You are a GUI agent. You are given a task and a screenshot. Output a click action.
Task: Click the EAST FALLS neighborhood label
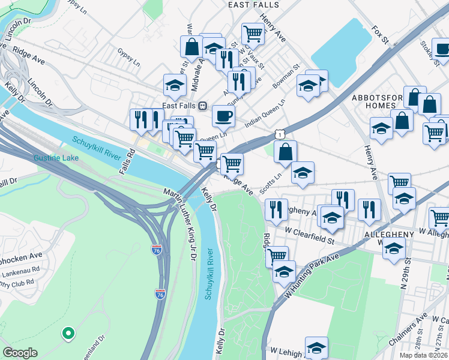point(253,5)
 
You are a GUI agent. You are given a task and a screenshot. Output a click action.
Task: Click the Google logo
point(20,353)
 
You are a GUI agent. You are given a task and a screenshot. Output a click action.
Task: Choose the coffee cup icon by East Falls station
point(223,115)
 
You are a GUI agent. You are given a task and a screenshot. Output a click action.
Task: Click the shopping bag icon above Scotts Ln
point(286,152)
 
